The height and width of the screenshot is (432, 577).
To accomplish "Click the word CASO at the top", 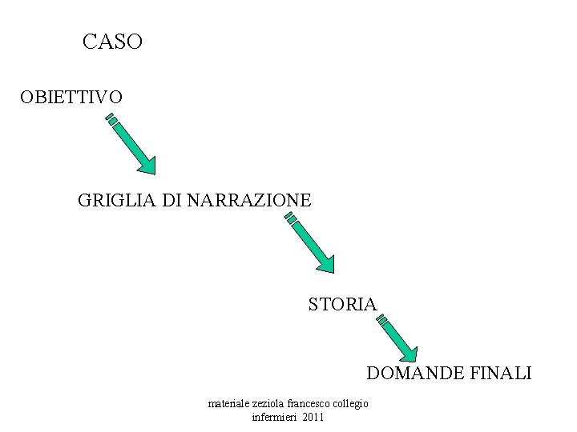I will [x=112, y=42].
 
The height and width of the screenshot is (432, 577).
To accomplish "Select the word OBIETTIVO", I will [x=71, y=98].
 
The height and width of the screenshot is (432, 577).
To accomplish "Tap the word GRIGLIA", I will [x=117, y=200].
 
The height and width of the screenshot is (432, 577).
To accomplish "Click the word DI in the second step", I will [x=171, y=200].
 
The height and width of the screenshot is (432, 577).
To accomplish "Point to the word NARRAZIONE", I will [x=248, y=200].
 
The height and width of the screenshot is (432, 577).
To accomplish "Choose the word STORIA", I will [x=342, y=304].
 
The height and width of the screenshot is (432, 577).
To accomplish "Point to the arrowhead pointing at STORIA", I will [x=325, y=262].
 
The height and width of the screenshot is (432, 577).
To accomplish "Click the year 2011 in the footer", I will [x=314, y=418].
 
